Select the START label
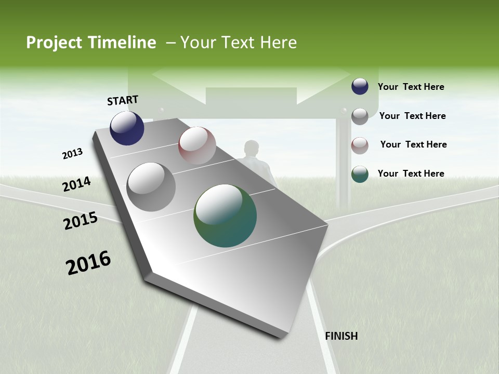(123, 100)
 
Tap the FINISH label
(341, 336)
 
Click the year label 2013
(72, 154)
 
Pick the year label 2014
(76, 184)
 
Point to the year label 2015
(81, 221)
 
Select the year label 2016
(88, 262)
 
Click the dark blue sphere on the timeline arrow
(127, 128)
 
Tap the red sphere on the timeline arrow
(197, 145)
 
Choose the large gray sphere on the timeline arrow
(151, 187)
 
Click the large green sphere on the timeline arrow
(225, 216)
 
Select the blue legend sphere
(360, 86)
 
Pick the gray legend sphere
(360, 116)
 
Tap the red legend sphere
(360, 145)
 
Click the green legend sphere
(360, 174)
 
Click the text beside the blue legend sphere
(411, 87)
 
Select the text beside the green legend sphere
(411, 173)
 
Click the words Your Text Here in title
(239, 43)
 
